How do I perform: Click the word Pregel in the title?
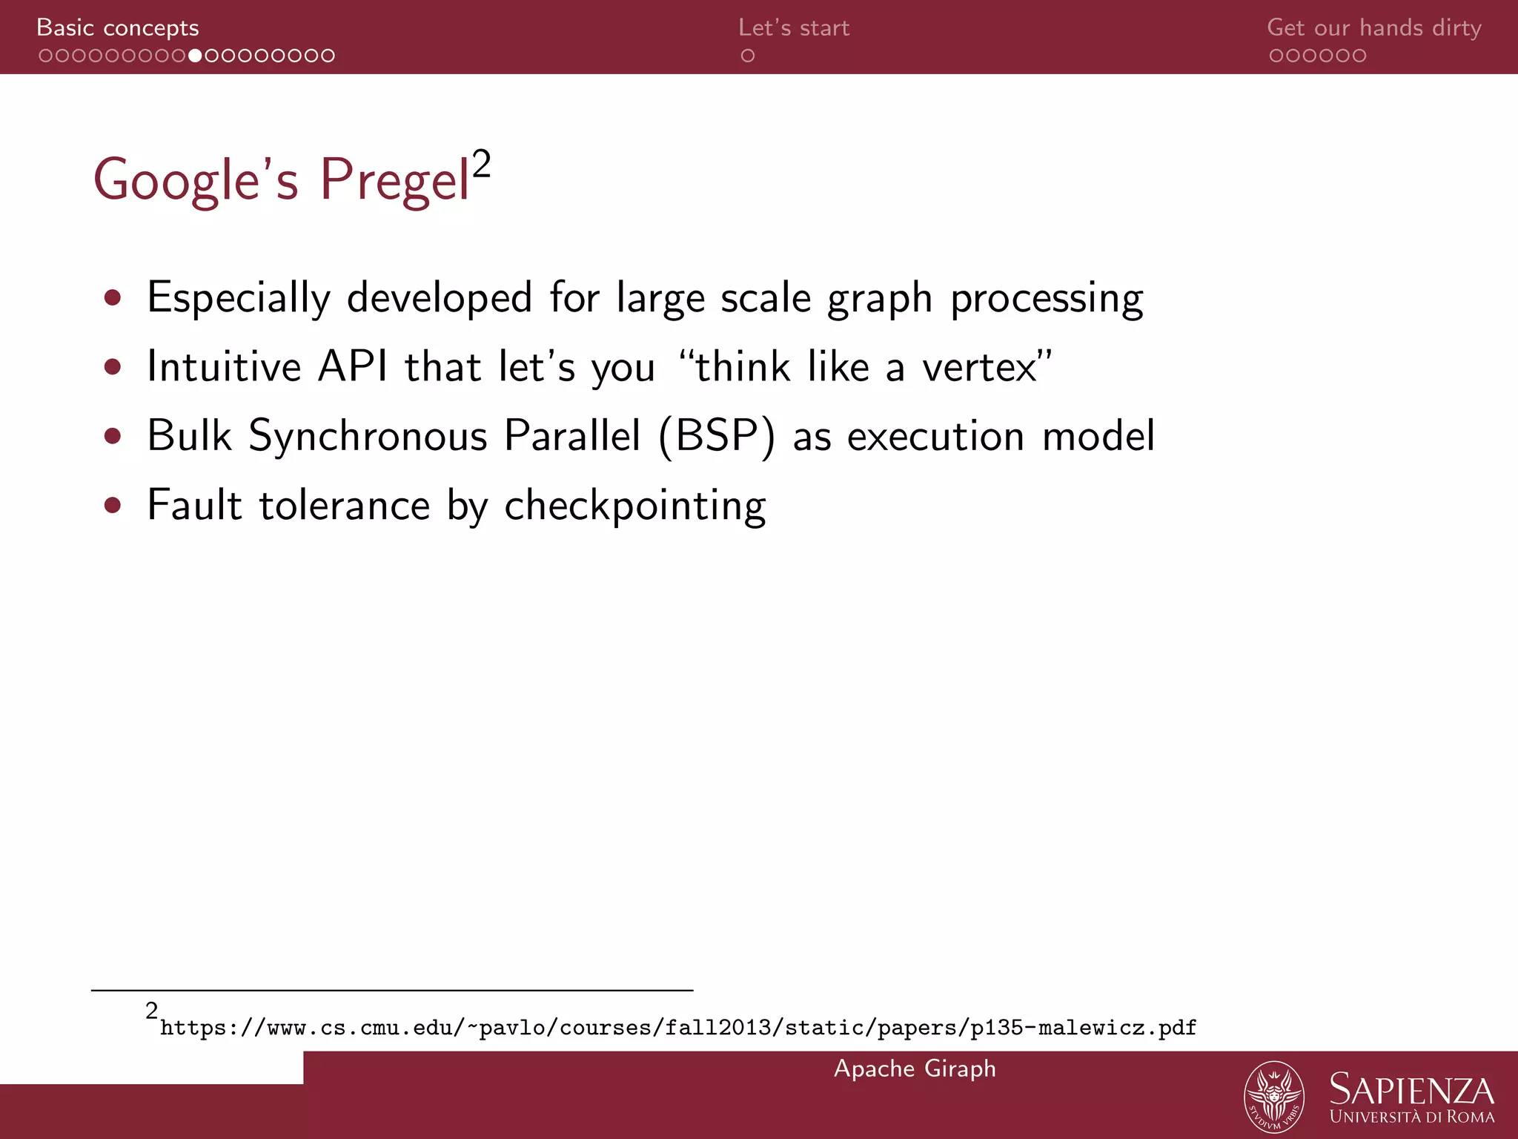click(394, 180)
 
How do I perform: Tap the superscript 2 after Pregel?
click(481, 164)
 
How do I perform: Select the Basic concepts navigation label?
click(118, 28)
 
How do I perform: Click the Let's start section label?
click(794, 28)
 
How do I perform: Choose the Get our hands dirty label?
click(1373, 28)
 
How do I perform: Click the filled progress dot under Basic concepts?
click(195, 56)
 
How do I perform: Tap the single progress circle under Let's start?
click(748, 56)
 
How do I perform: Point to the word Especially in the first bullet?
click(239, 298)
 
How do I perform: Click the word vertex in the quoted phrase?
click(979, 367)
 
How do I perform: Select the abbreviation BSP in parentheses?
click(716, 435)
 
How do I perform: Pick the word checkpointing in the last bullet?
click(635, 506)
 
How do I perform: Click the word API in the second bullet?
click(353, 367)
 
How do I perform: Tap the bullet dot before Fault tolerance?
click(113, 506)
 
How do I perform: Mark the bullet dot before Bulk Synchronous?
click(113, 436)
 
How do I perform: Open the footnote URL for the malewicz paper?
click(677, 1028)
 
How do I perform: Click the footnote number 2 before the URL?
click(152, 1010)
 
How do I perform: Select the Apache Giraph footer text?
click(915, 1069)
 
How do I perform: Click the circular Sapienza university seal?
click(1273, 1096)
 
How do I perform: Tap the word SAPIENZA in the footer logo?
click(1411, 1090)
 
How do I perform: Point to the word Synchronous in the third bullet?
click(368, 435)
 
